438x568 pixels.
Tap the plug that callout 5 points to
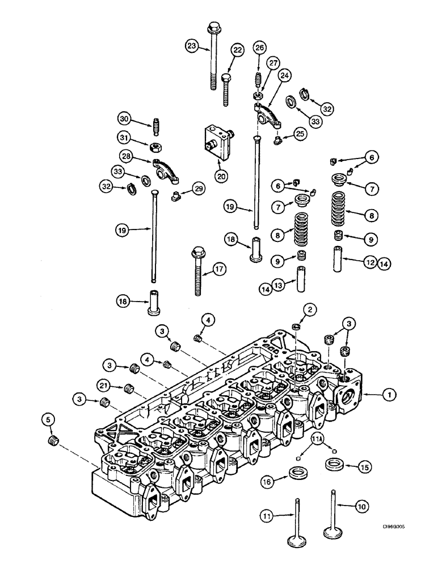pyautogui.click(x=54, y=441)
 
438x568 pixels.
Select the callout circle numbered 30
pyautogui.click(x=124, y=119)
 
